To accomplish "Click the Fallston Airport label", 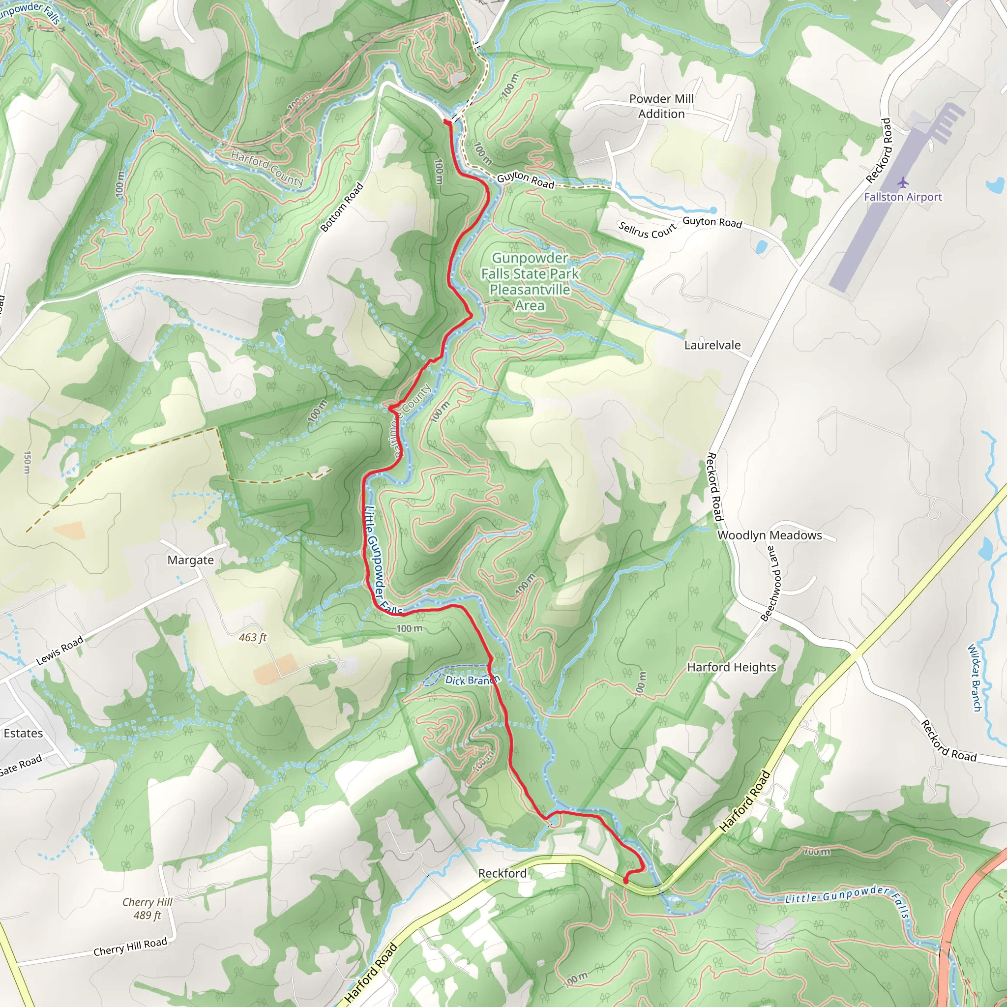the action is (x=903, y=197).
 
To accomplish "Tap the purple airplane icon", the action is (x=903, y=183).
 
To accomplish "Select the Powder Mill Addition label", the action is (x=661, y=106).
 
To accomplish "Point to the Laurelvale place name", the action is (x=712, y=345).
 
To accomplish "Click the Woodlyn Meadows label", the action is (x=770, y=535).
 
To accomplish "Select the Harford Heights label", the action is (x=731, y=667).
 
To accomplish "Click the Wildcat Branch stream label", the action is (x=974, y=678).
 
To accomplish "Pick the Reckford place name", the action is (x=502, y=873).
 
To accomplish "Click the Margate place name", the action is (x=190, y=561).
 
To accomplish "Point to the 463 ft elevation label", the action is (x=253, y=637).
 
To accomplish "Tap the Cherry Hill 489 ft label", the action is (x=147, y=909).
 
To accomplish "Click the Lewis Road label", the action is (x=59, y=651).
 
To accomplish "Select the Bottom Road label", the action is (x=341, y=207).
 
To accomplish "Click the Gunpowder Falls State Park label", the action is (x=530, y=281).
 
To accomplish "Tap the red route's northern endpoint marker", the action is (x=446, y=122).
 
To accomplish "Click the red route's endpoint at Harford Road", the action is (x=625, y=881).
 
